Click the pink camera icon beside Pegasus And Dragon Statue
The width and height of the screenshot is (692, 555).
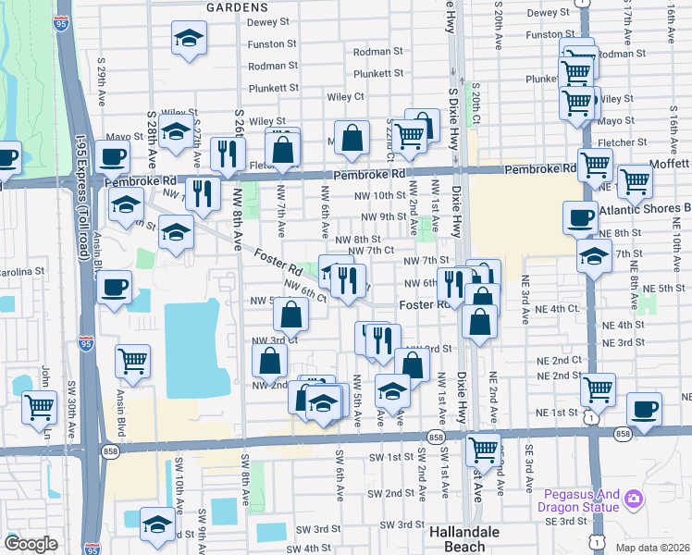[x=634, y=499]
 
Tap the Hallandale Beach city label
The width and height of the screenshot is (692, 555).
[x=471, y=538]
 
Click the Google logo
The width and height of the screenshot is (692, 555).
[x=31, y=544]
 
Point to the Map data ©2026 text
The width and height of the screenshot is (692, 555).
[x=652, y=548]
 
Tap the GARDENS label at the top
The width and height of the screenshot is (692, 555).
[x=236, y=6]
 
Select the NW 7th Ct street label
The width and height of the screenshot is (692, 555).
[x=372, y=251]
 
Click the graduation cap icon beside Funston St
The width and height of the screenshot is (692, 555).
[x=189, y=39]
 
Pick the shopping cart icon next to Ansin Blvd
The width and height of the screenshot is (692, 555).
[x=133, y=361]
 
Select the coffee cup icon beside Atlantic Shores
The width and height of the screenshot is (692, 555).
[x=580, y=218]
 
